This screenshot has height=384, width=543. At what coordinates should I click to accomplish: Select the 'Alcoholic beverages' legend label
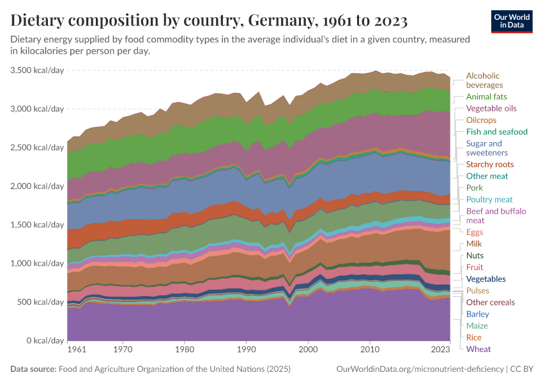(x=484, y=81)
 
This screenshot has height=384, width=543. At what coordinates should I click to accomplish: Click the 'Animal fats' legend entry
(x=487, y=97)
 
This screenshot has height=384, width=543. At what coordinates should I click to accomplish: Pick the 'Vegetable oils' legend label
(x=491, y=109)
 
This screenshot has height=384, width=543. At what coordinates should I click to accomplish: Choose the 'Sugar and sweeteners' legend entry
(x=487, y=148)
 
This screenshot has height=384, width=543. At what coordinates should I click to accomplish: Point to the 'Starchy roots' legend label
(x=490, y=164)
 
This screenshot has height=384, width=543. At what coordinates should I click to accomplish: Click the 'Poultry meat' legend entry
(x=489, y=200)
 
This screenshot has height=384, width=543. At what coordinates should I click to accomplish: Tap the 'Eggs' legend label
(x=475, y=232)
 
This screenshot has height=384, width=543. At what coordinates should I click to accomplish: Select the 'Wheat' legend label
(x=478, y=349)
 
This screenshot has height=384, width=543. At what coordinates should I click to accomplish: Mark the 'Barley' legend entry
(x=478, y=314)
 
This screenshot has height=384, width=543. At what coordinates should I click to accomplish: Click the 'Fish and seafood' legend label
(x=497, y=132)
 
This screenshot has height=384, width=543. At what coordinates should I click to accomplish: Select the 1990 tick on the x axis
(x=246, y=350)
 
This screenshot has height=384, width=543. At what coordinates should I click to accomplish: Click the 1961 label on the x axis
(x=76, y=350)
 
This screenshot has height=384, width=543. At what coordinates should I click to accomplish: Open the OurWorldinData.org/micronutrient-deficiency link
(x=419, y=369)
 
